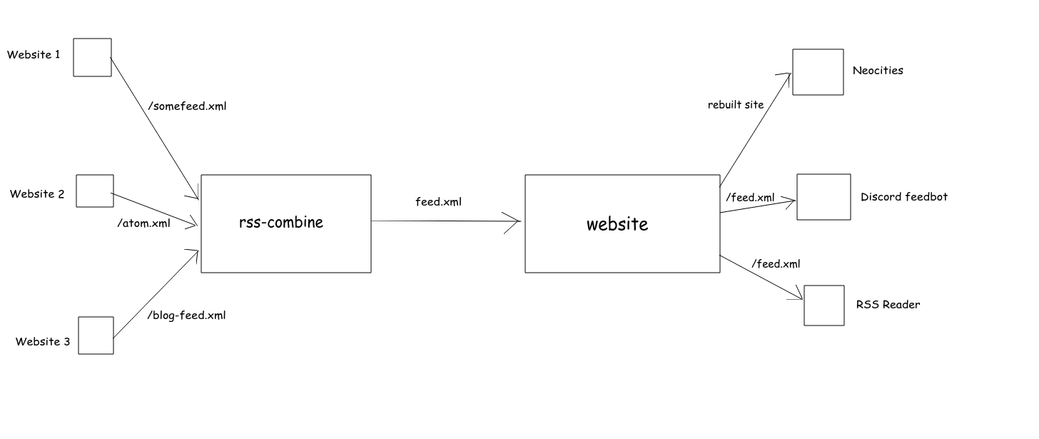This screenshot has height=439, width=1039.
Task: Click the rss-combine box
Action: (x=285, y=223)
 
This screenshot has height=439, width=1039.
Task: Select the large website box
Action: (x=622, y=223)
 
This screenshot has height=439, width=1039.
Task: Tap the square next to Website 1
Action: (x=93, y=57)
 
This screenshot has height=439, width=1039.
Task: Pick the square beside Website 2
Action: (x=95, y=191)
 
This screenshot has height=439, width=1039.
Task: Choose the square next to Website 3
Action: (x=96, y=335)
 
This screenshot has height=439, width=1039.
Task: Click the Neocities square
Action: (x=818, y=72)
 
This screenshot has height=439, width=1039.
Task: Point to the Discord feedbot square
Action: (x=823, y=197)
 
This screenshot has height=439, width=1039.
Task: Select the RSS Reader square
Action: (x=824, y=306)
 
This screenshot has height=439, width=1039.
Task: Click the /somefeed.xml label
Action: (x=187, y=106)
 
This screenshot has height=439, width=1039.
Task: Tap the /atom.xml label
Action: (x=143, y=223)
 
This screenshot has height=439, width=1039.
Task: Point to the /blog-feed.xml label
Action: (x=186, y=315)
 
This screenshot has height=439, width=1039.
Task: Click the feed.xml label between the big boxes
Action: (x=438, y=202)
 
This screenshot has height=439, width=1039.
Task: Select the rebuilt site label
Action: (x=736, y=105)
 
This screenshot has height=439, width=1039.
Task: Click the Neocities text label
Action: (x=878, y=71)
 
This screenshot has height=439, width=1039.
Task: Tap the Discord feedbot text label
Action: (x=904, y=197)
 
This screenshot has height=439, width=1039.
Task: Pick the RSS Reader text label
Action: (x=888, y=305)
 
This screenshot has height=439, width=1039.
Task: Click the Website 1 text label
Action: (x=34, y=54)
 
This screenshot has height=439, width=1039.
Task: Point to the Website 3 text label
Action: (x=43, y=342)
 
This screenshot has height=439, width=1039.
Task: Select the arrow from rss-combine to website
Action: (x=446, y=221)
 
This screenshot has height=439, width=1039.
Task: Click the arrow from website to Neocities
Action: (x=755, y=129)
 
